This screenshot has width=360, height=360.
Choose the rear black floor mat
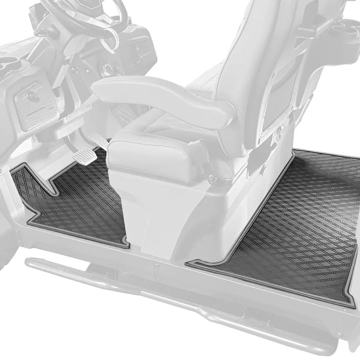tap(293, 227)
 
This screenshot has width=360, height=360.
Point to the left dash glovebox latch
tap(33, 97)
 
